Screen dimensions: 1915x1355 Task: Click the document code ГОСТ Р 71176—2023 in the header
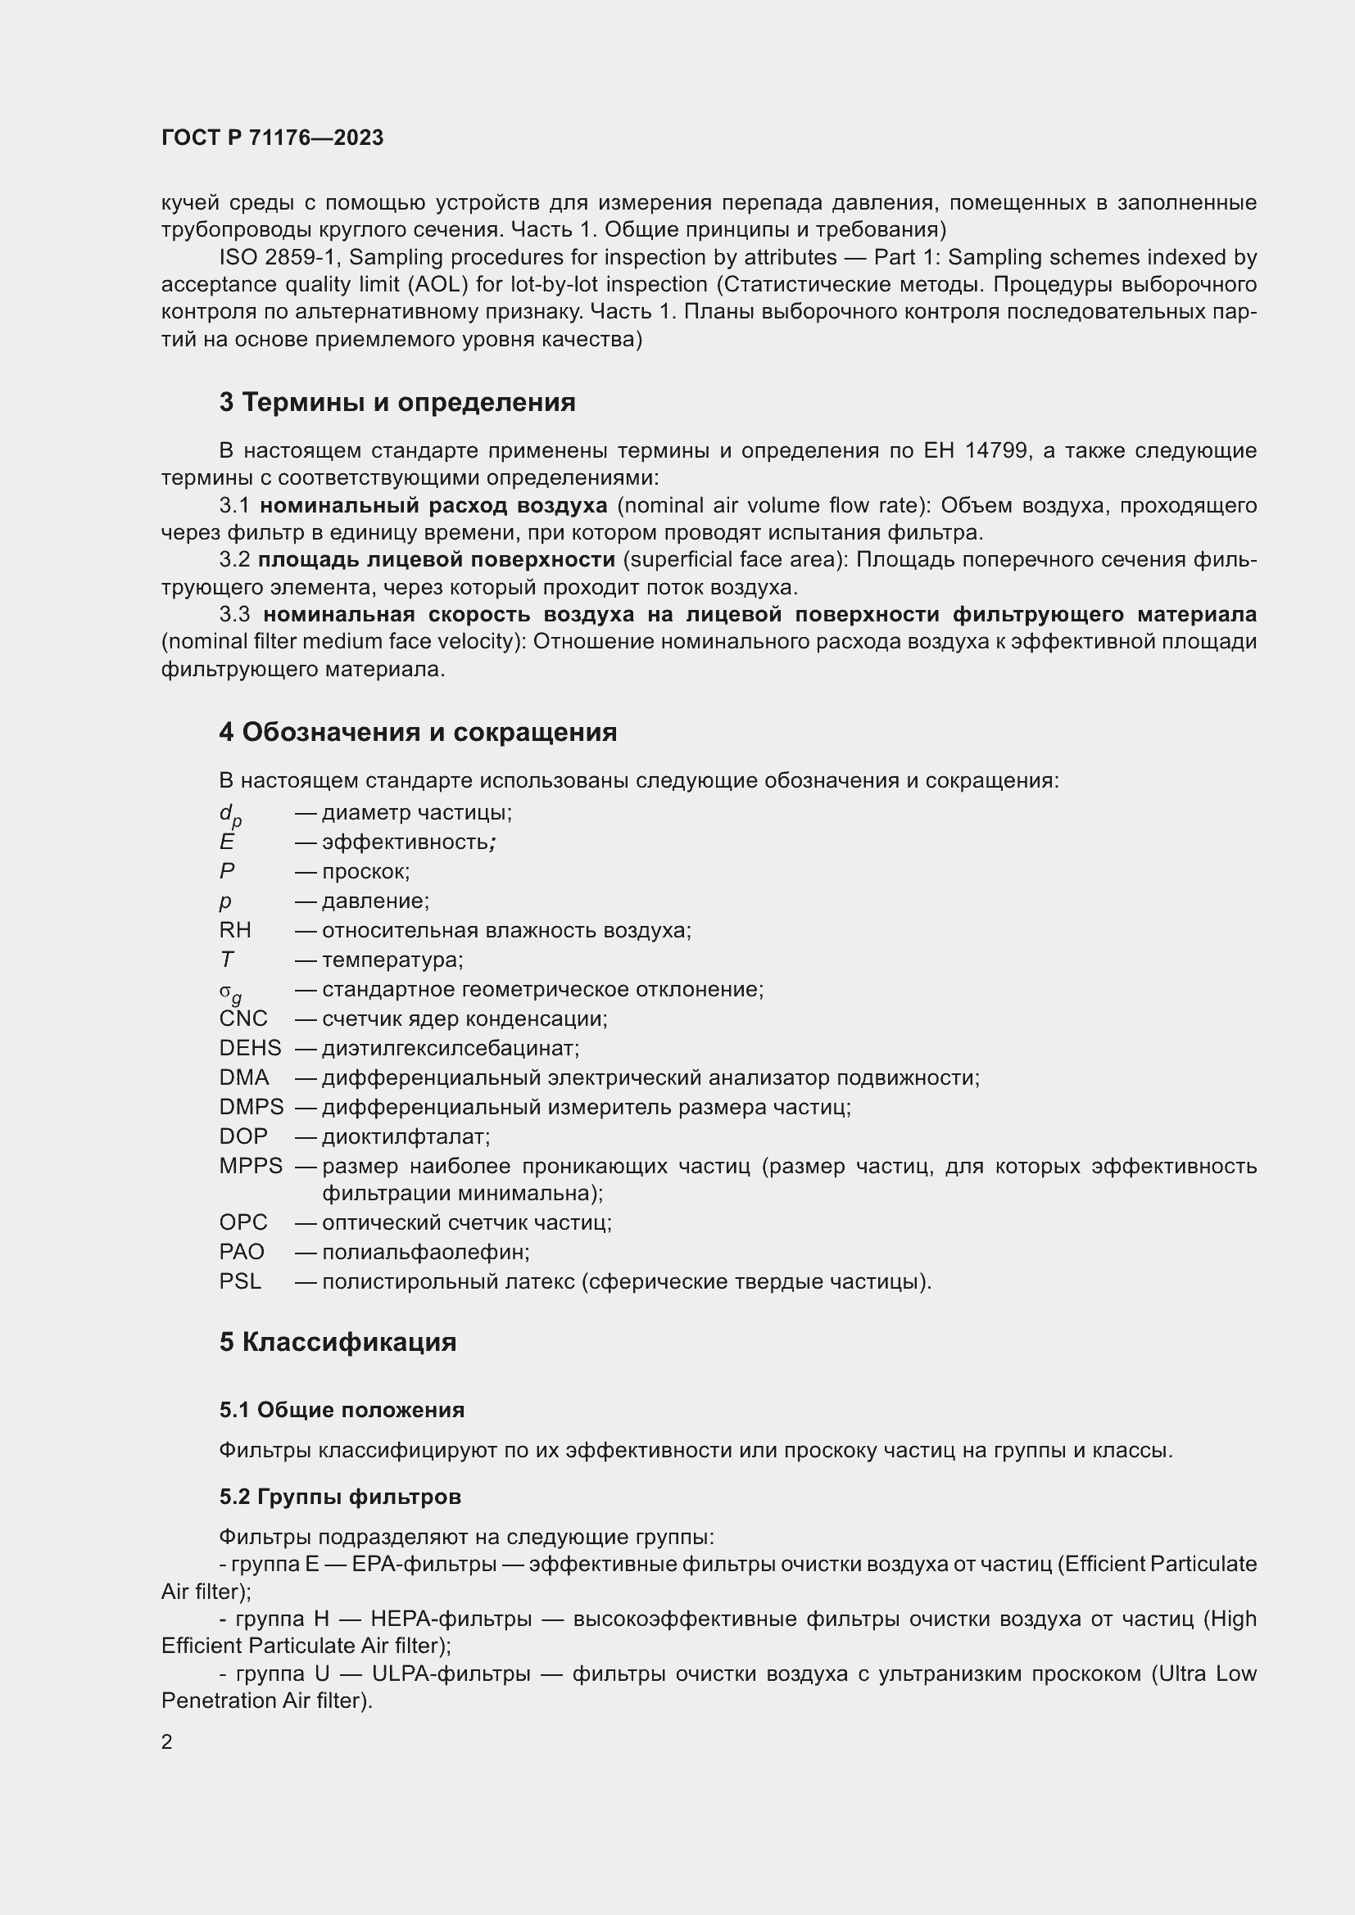point(272,138)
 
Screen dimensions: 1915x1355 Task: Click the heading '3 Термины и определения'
point(397,403)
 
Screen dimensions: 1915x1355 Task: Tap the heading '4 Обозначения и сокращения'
point(418,732)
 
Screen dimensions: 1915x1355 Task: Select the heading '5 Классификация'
point(338,1342)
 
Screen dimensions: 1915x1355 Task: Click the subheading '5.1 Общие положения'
point(342,1411)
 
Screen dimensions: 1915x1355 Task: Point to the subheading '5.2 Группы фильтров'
point(341,1497)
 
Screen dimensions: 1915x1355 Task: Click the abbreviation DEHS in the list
point(250,1049)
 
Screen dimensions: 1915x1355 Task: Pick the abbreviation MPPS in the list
point(251,1166)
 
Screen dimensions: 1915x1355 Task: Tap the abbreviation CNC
point(242,1018)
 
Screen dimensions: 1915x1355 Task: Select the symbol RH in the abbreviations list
point(234,930)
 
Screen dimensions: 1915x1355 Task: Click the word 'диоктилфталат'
point(406,1137)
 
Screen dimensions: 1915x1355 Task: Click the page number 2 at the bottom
point(167,1742)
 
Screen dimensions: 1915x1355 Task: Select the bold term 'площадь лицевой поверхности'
point(437,560)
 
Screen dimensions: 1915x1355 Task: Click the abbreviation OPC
point(242,1222)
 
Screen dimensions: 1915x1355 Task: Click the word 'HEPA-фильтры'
point(451,1619)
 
